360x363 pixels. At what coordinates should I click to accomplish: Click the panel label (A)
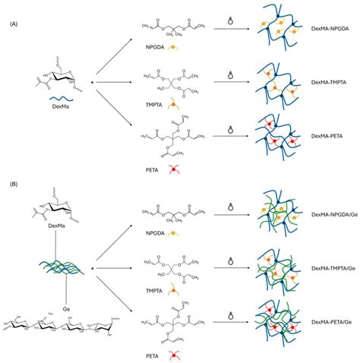tap(14, 24)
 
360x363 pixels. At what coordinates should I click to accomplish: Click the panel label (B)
tap(14, 183)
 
